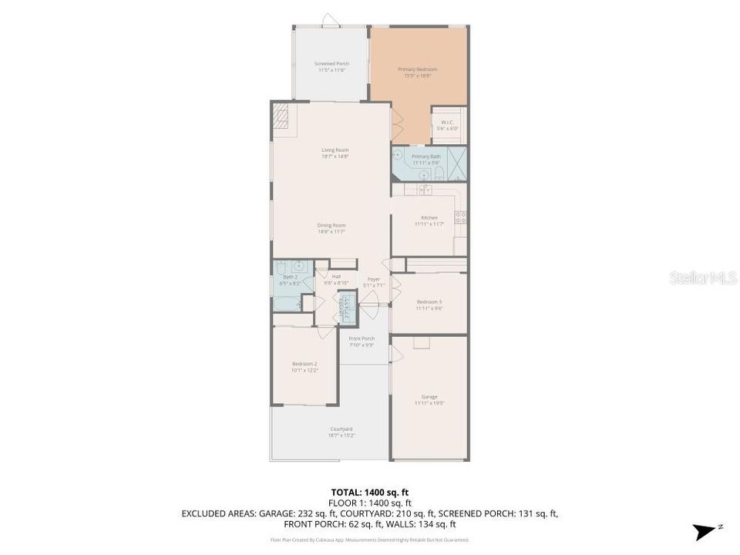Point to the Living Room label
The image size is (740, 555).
(x=335, y=153)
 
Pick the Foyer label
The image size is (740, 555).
(x=374, y=281)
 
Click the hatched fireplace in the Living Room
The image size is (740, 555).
(x=282, y=116)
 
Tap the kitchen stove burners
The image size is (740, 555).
(x=460, y=217)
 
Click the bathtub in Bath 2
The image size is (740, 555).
(x=286, y=303)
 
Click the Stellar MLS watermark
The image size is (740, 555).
(x=703, y=277)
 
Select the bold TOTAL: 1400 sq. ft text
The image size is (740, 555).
(x=369, y=492)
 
